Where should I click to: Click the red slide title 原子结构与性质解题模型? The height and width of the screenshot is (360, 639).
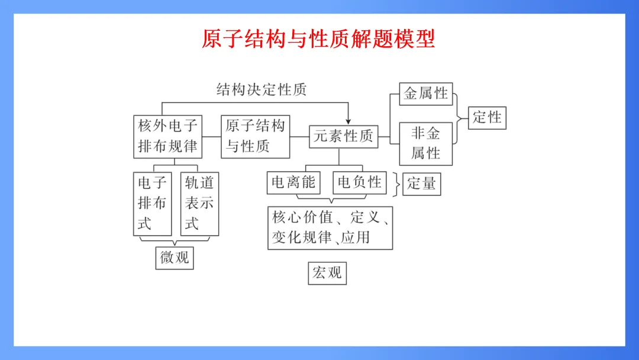[x=318, y=39]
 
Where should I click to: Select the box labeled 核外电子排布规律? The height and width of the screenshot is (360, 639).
[x=168, y=136]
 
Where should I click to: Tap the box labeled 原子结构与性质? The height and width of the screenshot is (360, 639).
[x=256, y=136]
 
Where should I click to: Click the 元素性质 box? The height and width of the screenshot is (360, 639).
[x=343, y=137]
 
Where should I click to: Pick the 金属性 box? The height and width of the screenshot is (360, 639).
[x=426, y=94]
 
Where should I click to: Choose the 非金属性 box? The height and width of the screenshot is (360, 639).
[x=426, y=143]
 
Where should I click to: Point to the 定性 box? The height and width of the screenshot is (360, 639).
[x=487, y=117]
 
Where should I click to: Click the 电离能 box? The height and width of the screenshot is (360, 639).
[x=293, y=183]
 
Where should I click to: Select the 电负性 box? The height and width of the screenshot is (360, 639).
[x=360, y=183]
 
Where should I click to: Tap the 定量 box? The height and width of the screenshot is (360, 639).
[x=421, y=184]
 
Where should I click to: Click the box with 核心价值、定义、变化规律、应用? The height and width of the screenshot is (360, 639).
[x=330, y=227]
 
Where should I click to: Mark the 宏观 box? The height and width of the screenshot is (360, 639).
[x=327, y=273]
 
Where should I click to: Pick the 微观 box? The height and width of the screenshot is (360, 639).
[x=175, y=258]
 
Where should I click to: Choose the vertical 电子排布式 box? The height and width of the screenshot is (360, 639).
[x=153, y=203]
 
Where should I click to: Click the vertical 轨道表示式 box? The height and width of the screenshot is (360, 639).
[x=199, y=203]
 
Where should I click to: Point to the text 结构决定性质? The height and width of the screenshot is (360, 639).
[x=261, y=90]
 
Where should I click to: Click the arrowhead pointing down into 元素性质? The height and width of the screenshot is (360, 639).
[x=348, y=120]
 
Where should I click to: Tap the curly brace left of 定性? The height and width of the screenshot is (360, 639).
[x=460, y=118]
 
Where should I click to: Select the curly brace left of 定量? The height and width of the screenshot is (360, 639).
[x=395, y=183]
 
